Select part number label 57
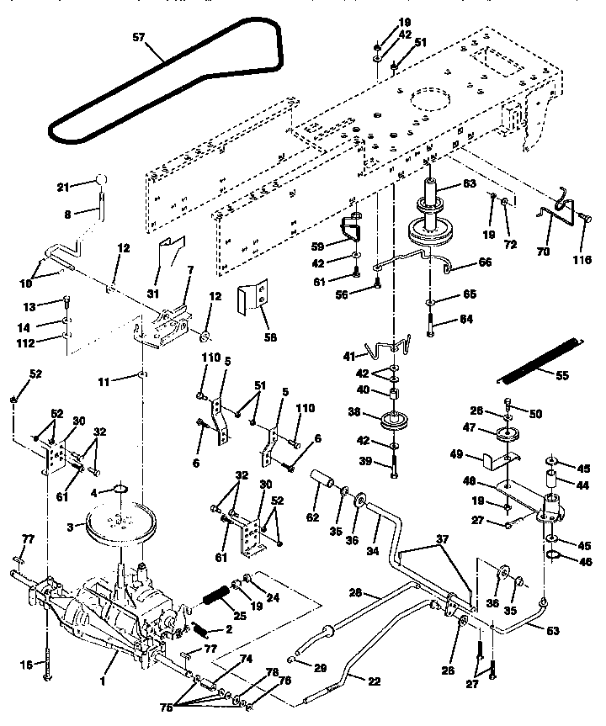pyautogui.click(x=139, y=38)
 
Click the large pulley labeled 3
pyautogui.click(x=118, y=525)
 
